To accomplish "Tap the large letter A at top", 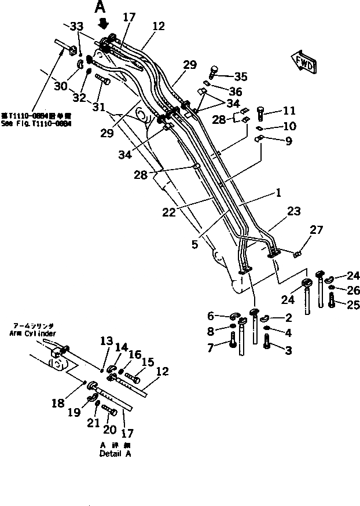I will click(x=101, y=8).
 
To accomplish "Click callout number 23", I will click(x=293, y=212).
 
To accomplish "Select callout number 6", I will click(x=211, y=316).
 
